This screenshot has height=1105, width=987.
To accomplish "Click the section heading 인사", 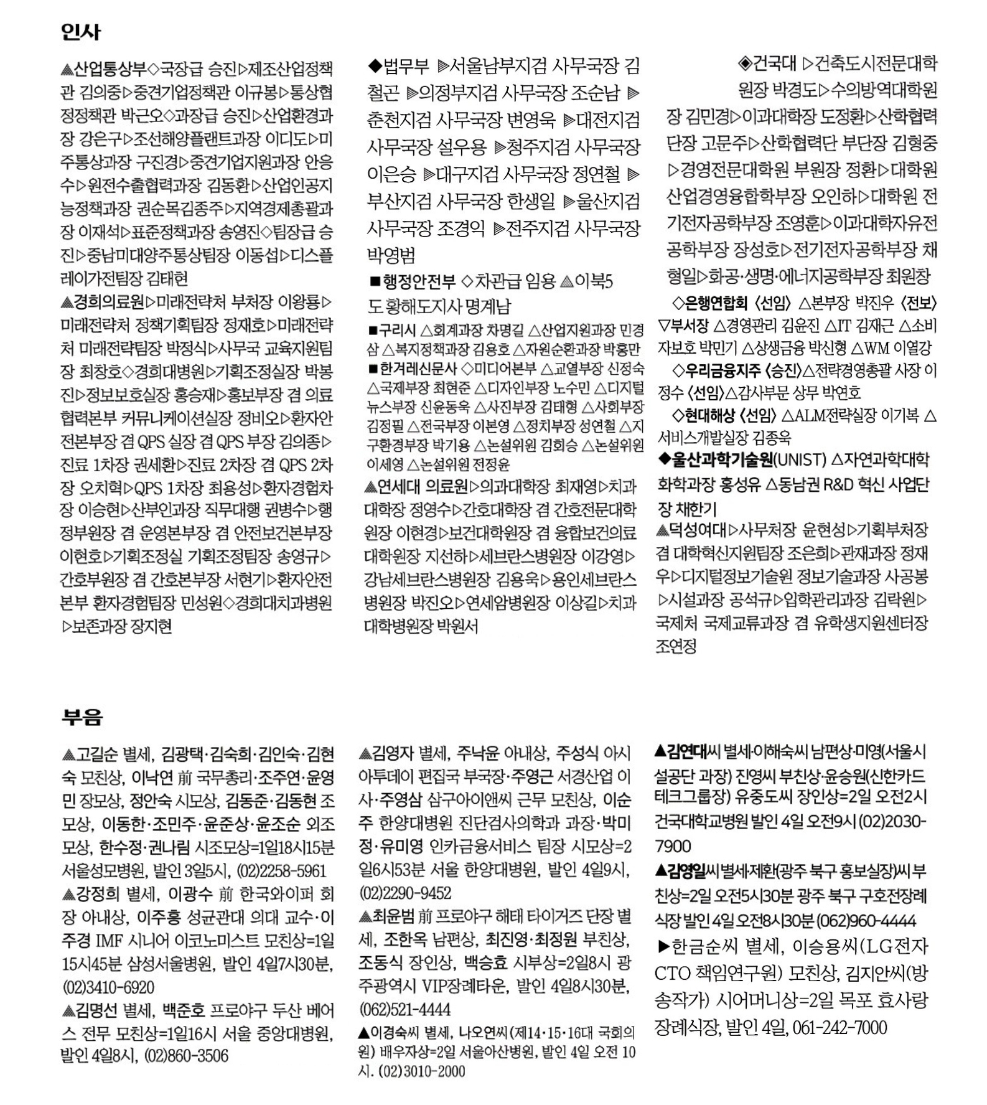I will tap(81, 32).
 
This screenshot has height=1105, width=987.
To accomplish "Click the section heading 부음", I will tap(82, 717).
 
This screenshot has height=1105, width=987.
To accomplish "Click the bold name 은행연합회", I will tap(716, 303).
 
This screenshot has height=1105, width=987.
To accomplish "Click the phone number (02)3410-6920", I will tap(108, 987).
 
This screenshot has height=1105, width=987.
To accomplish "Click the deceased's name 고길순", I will tap(96, 755).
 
